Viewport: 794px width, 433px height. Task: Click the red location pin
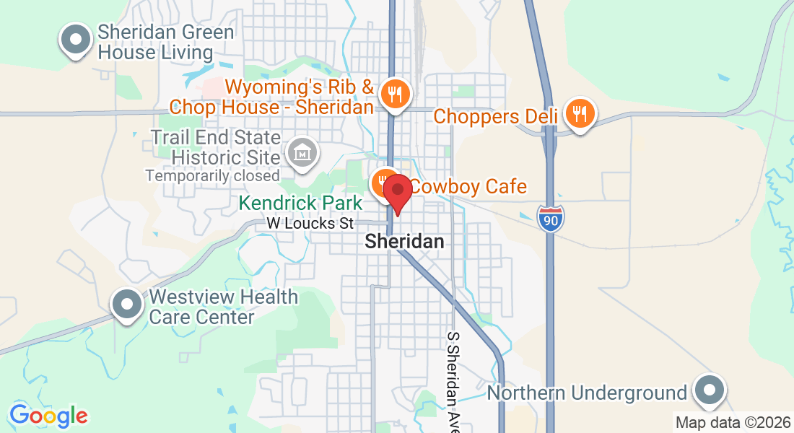(x=397, y=193)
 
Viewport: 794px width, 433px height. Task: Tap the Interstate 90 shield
(x=550, y=218)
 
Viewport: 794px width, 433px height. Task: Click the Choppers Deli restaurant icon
(x=580, y=113)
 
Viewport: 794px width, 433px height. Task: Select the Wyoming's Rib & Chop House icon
(x=395, y=94)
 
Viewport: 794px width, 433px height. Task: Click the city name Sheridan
(x=404, y=242)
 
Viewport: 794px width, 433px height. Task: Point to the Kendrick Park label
(x=300, y=204)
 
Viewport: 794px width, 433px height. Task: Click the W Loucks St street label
(x=310, y=224)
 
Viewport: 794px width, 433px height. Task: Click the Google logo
(x=48, y=416)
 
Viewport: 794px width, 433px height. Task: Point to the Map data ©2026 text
(x=732, y=422)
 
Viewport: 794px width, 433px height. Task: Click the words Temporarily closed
(x=212, y=175)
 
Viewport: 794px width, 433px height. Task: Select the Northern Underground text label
(x=587, y=393)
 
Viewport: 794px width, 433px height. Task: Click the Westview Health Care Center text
(x=223, y=307)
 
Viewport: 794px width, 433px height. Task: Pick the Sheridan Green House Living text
(x=165, y=42)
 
